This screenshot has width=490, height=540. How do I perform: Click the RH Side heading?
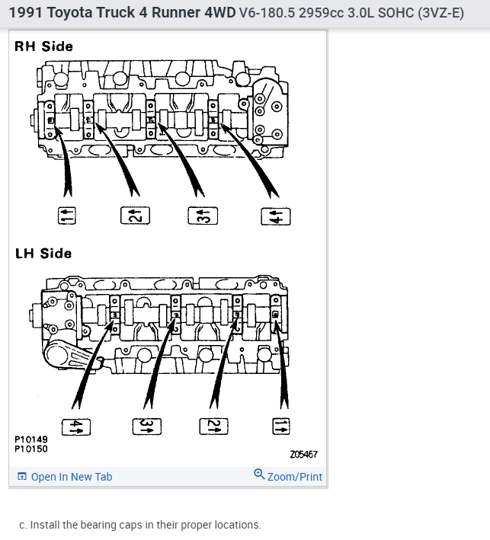pyautogui.click(x=44, y=46)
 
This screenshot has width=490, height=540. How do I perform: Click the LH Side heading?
pyautogui.click(x=43, y=254)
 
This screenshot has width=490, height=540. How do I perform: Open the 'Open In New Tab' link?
pyautogui.click(x=72, y=477)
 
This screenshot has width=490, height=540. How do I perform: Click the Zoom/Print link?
pyautogui.click(x=295, y=477)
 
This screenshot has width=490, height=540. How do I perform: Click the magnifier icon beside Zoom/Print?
pyautogui.click(x=259, y=475)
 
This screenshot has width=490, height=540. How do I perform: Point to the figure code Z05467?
pyautogui.click(x=304, y=455)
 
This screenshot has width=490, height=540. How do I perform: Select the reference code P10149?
pyautogui.click(x=30, y=439)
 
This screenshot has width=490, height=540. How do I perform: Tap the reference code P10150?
pyautogui.click(x=30, y=449)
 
